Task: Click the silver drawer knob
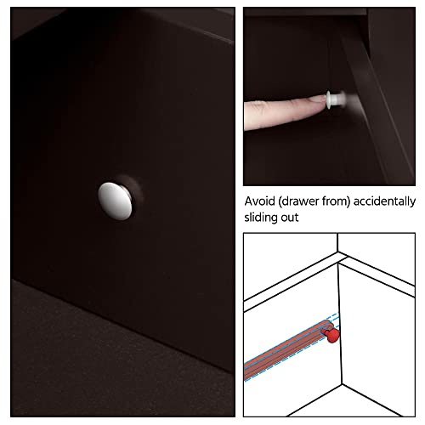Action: [x=115, y=201]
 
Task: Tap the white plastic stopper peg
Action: [x=336, y=99]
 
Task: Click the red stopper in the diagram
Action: [x=331, y=335]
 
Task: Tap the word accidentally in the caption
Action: [x=384, y=201]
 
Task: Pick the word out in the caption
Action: [x=290, y=218]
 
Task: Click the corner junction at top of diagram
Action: [x=337, y=252]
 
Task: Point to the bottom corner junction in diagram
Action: [x=342, y=384]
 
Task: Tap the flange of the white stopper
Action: [x=329, y=99]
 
